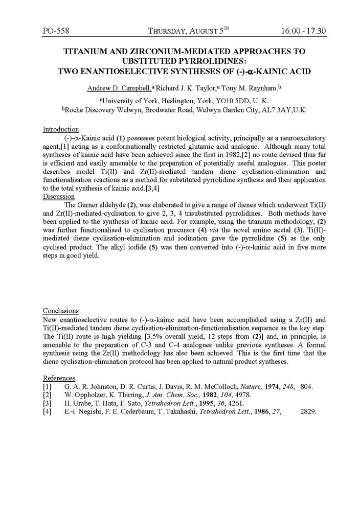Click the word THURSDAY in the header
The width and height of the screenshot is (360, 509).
point(171,31)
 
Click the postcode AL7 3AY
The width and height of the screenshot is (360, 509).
point(274,110)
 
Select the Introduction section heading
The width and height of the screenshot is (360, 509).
point(60,129)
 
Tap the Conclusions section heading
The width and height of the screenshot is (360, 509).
point(60,310)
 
